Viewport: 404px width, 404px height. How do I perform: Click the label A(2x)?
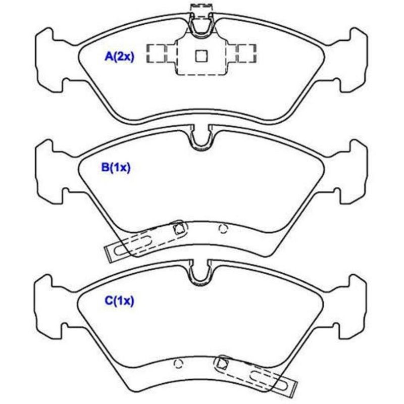[120, 57]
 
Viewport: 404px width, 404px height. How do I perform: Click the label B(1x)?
[116, 168]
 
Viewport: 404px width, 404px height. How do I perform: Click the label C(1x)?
[120, 300]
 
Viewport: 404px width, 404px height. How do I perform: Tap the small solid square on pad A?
[201, 56]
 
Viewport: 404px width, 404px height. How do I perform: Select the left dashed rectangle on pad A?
[156, 54]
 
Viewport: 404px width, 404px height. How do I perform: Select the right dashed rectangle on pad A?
[246, 54]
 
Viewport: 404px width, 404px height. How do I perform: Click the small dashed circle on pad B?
[223, 229]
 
